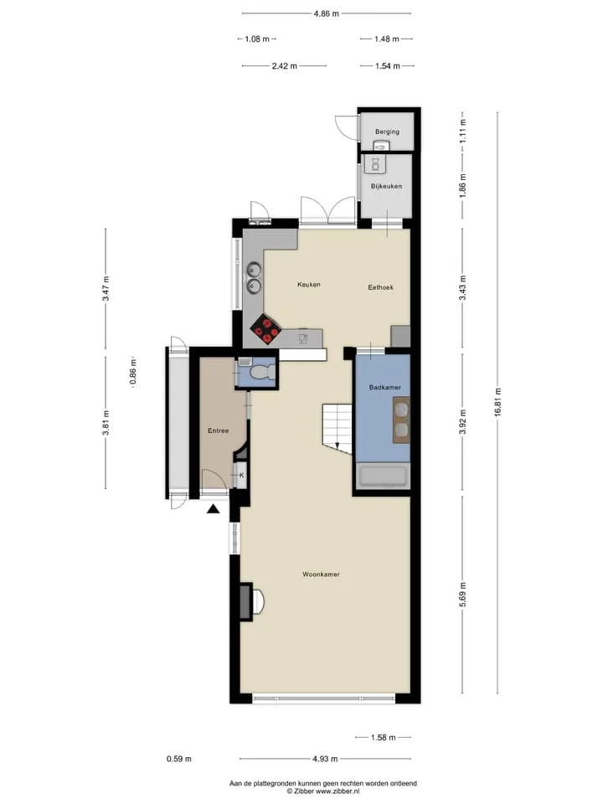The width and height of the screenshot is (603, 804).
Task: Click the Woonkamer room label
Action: coord(321,575)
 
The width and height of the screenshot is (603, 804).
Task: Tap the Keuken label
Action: coord(309,284)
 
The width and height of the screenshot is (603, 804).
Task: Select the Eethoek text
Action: coord(380,287)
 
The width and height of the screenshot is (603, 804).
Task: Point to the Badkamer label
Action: coord(385,387)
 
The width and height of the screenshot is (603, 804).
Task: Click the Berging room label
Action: coord(387,131)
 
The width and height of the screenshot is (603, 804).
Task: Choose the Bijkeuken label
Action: coord(386,186)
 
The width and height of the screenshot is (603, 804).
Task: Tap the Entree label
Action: coord(218,430)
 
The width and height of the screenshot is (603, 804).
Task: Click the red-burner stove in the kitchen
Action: coord(265,329)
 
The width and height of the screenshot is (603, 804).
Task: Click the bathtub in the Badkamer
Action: coord(383,477)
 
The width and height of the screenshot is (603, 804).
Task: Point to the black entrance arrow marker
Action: coord(214,508)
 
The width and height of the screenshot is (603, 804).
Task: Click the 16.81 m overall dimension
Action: coord(497,403)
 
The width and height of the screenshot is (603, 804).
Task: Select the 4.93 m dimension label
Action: coord(325,759)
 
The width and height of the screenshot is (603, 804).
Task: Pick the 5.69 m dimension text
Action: coord(462,595)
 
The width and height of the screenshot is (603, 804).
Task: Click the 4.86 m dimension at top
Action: coord(326,14)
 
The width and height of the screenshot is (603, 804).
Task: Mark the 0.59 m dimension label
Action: coord(179,759)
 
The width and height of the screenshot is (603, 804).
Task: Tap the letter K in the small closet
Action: coord(241,476)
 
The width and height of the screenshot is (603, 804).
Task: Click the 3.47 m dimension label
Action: coord(106,289)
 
